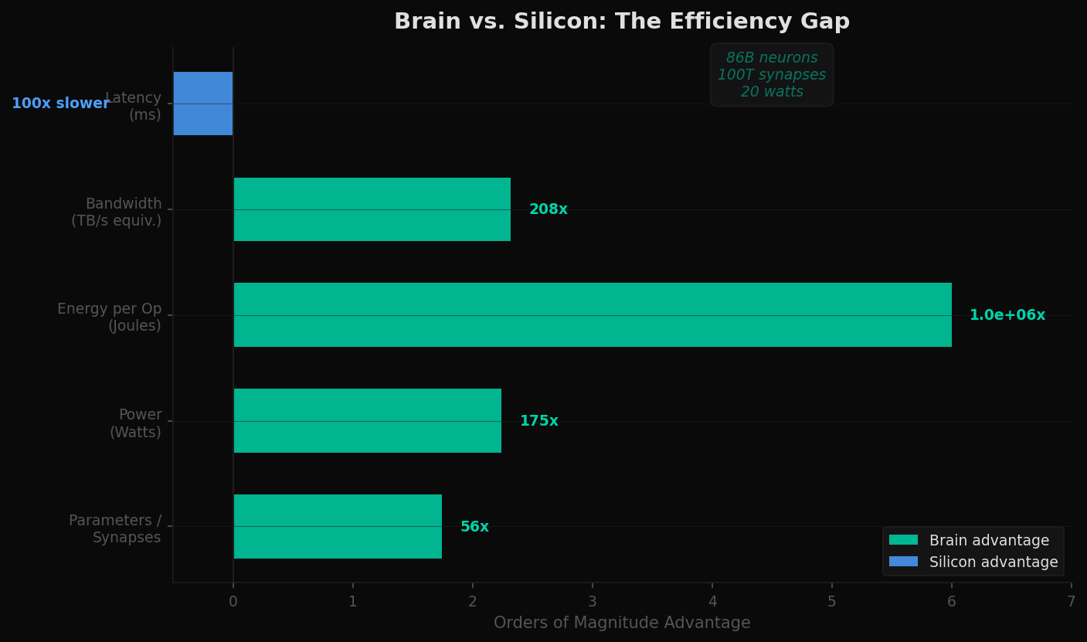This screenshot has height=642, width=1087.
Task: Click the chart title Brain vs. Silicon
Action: click(x=621, y=22)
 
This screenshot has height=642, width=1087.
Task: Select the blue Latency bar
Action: click(x=203, y=104)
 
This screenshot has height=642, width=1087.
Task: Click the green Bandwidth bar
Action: click(x=372, y=209)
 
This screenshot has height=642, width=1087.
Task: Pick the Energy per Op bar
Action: click(x=592, y=315)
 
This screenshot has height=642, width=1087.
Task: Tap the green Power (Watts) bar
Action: click(x=367, y=421)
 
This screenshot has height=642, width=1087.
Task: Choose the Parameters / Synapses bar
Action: click(x=338, y=527)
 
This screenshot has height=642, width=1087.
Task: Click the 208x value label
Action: click(x=549, y=209)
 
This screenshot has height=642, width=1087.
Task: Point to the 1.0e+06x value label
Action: click(x=1007, y=315)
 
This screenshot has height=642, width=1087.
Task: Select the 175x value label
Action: click(x=538, y=421)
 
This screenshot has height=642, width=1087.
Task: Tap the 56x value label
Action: click(x=474, y=527)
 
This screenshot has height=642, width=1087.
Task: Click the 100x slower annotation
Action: click(x=60, y=104)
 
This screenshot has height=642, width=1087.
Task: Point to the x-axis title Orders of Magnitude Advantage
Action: click(x=622, y=623)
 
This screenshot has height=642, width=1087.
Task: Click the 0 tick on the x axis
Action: click(x=233, y=602)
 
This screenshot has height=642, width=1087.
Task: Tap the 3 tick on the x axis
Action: click(x=593, y=602)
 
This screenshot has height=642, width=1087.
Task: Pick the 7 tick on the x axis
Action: click(x=1071, y=602)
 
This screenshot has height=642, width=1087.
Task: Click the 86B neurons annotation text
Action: click(x=771, y=58)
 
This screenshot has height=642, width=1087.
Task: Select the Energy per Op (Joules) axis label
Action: click(x=110, y=318)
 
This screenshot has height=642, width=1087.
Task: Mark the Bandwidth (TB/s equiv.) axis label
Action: click(x=117, y=212)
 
